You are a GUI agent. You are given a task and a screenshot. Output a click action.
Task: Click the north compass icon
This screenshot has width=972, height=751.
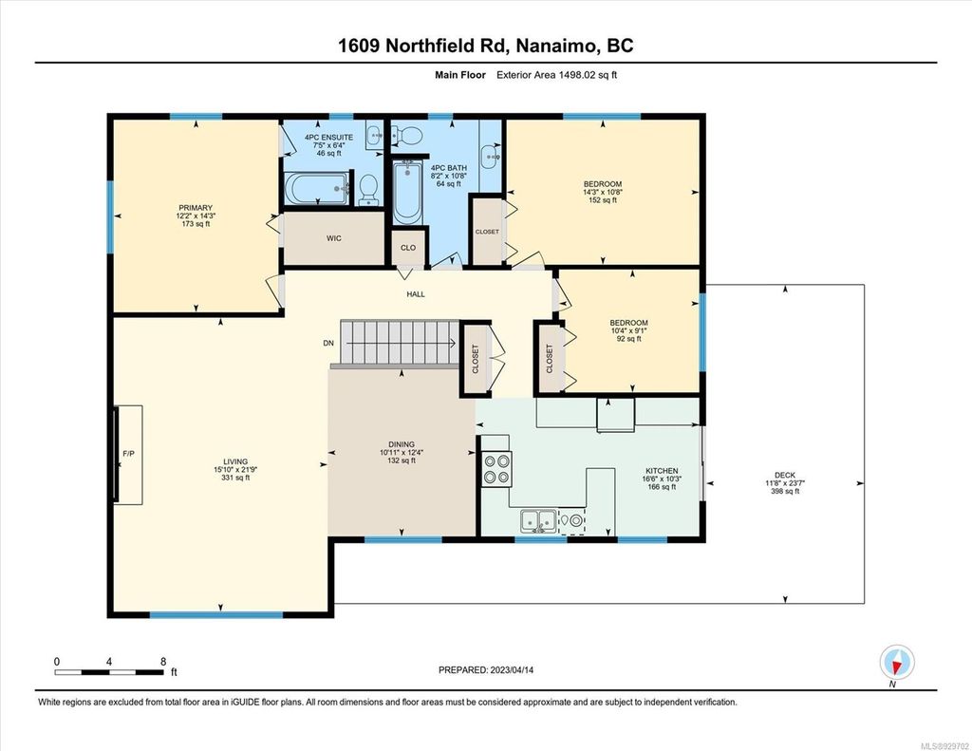point(896,661)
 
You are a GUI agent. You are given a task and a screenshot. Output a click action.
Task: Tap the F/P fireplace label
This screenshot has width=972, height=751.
point(128,453)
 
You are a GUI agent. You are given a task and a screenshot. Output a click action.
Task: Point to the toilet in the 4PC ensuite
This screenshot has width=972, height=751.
point(367,188)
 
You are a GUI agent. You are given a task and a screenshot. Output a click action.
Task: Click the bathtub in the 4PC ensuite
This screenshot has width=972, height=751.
point(316,188)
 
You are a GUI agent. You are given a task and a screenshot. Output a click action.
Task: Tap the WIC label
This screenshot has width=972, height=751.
point(333,237)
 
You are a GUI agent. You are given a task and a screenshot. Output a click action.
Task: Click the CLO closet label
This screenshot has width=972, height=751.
point(407,247)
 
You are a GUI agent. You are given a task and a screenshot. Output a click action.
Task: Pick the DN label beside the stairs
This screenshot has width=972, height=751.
point(328,343)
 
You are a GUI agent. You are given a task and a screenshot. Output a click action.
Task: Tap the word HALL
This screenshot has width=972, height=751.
point(416,294)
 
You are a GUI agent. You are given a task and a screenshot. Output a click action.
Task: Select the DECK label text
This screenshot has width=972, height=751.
point(784,474)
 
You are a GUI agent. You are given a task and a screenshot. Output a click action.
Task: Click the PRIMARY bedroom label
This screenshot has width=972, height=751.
point(196,208)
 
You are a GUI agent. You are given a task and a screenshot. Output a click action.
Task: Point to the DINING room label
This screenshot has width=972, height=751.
point(403,442)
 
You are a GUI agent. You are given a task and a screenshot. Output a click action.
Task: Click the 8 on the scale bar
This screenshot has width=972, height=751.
point(163,661)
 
